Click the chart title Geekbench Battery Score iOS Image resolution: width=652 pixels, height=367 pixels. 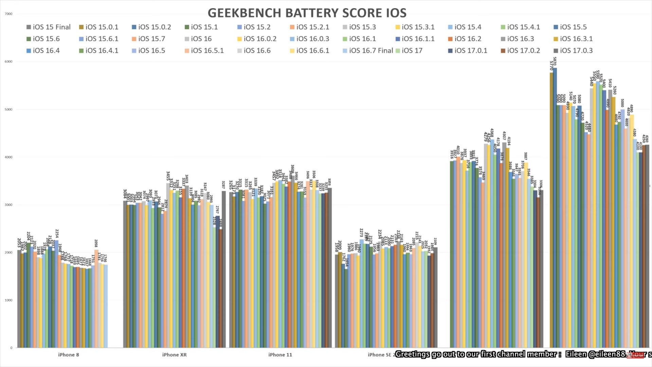[x=307, y=13]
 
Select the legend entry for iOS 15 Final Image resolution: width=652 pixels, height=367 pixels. [x=49, y=27]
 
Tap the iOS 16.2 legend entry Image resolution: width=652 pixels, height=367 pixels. [x=464, y=39]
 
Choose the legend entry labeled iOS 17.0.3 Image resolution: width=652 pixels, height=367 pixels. [x=573, y=51]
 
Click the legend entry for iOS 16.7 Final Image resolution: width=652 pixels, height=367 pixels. [x=367, y=51]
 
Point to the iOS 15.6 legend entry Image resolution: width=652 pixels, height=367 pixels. [x=43, y=39]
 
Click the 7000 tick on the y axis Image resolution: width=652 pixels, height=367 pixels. [x=8, y=14]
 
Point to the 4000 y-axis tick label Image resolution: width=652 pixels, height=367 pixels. [x=8, y=157]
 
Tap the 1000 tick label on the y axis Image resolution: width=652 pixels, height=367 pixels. [x=8, y=300]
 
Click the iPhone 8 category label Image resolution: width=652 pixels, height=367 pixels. [x=69, y=355]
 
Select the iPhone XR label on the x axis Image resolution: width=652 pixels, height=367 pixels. [x=174, y=355]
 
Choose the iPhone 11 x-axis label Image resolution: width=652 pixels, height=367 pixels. [x=280, y=355]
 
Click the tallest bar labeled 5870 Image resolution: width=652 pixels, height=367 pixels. [x=555, y=204]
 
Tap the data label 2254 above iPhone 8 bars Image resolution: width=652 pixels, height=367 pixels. [x=57, y=233]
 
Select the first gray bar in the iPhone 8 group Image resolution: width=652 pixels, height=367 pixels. [x=19, y=299]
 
